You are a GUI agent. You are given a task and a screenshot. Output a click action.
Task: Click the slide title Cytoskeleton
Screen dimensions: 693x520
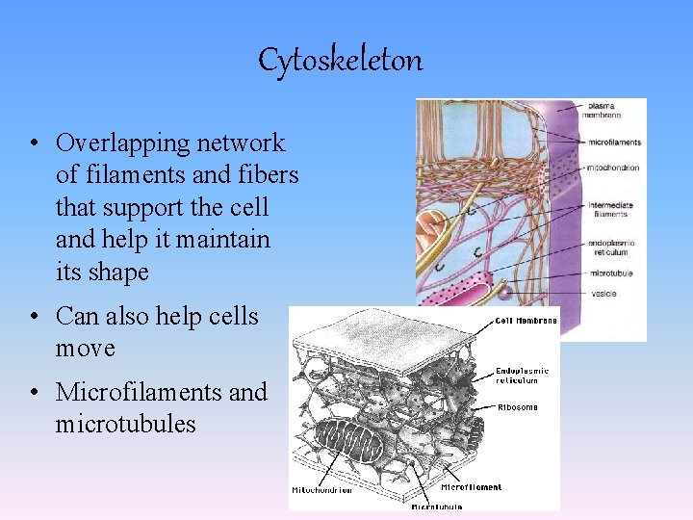[340, 61]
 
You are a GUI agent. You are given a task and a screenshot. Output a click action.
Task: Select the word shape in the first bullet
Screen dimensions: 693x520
[117, 273]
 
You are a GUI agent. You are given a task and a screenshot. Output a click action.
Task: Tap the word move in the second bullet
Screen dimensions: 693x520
[86, 348]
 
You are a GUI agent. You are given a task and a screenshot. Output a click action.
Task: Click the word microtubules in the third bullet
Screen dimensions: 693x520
[125, 424]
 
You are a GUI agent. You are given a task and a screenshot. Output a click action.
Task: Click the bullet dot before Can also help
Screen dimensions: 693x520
[33, 316]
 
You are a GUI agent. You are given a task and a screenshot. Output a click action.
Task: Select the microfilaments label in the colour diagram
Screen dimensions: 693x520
[614, 143]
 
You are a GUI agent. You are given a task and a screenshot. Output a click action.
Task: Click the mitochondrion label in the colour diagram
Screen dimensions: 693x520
[613, 168]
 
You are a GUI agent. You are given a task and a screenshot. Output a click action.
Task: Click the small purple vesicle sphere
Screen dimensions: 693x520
[502, 288]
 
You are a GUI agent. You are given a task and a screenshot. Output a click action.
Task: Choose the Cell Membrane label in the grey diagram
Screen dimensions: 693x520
[526, 321]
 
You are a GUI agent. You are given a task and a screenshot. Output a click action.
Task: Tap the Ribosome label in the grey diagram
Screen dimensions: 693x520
[518, 407]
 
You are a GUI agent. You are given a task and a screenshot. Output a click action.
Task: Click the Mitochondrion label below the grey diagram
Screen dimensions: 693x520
[322, 489]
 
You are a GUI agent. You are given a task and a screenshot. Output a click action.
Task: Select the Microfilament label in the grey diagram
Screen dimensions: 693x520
[471, 487]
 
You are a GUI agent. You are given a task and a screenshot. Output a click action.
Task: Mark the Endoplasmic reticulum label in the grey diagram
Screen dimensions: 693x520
[523, 375]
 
